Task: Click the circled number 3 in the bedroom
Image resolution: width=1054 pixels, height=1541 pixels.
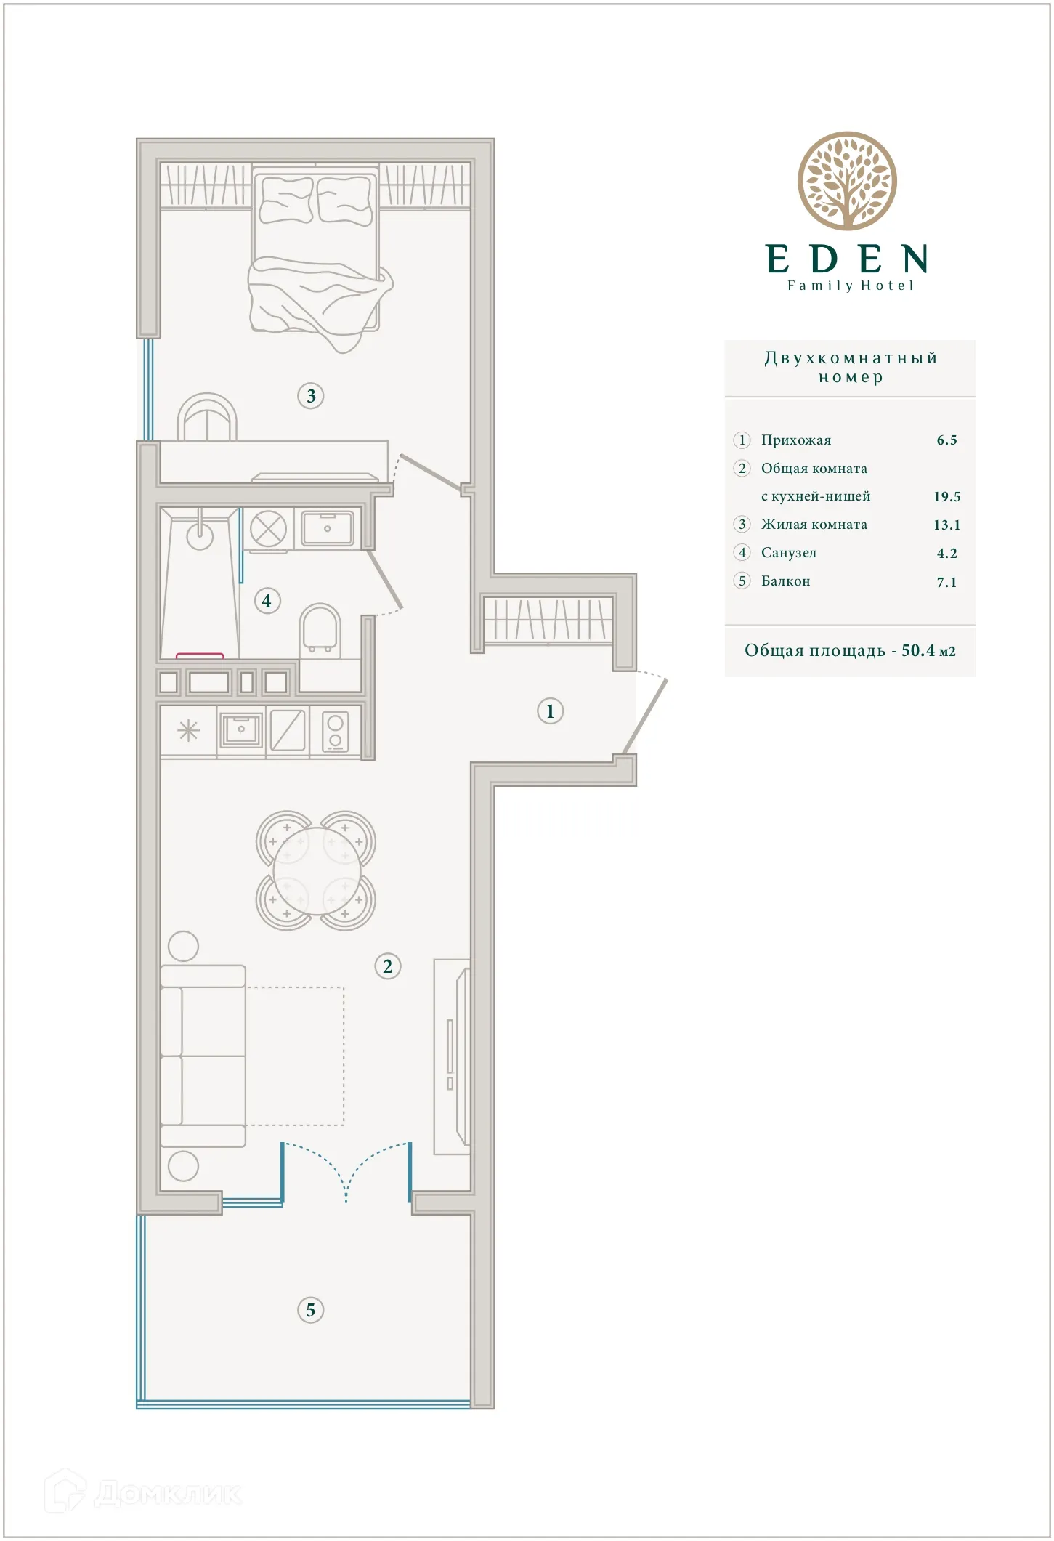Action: (311, 396)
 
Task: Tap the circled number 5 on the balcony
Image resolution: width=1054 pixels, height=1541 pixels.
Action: (311, 1310)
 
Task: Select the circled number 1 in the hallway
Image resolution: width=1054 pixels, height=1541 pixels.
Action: (550, 711)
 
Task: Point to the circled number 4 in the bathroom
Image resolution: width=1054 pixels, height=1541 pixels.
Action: (267, 601)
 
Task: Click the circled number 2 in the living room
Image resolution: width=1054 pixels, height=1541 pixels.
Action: (387, 966)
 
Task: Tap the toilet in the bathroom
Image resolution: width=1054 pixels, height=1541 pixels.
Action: (320, 628)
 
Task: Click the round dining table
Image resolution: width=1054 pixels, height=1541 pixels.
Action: (316, 870)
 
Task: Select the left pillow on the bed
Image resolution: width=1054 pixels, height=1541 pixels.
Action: (286, 200)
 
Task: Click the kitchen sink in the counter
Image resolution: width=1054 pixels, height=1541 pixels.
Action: (240, 729)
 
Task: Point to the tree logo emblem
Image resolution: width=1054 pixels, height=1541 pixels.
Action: (847, 181)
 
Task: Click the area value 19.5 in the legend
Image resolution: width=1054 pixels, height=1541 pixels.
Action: (946, 497)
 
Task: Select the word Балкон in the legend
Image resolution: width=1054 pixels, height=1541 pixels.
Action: (785, 581)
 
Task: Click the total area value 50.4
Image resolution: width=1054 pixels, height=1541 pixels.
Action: (918, 650)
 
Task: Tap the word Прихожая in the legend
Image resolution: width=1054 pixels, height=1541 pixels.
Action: (796, 440)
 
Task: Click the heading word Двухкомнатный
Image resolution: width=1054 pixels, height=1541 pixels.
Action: (851, 358)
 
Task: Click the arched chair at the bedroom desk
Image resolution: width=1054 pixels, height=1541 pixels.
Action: (208, 418)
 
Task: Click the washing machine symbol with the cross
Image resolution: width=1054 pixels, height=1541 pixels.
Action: (268, 528)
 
